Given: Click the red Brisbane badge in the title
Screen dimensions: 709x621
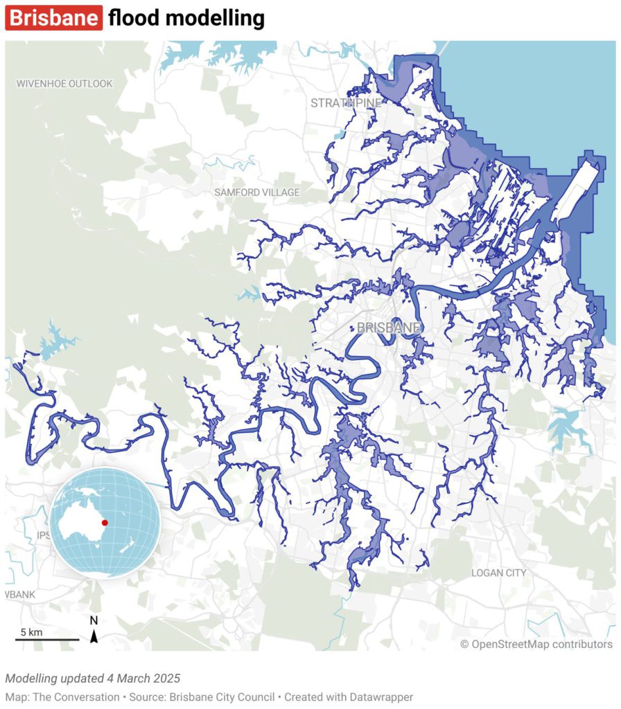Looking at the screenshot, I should point(54,18).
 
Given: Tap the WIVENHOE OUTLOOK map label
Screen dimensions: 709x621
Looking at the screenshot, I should point(64,84).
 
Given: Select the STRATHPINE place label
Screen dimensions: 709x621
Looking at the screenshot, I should point(346,103).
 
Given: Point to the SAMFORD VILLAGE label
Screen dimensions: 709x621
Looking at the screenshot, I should point(257,192).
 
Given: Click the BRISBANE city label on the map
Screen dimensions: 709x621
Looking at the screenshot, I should point(389,327).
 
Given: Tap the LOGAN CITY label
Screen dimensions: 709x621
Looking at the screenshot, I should point(498,573).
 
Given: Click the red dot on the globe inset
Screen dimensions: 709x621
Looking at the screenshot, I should point(105,523).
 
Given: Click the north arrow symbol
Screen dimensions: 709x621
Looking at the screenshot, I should point(94,635).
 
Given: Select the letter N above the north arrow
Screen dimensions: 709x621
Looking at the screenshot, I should point(94,620).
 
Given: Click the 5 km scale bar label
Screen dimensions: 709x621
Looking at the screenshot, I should point(31,632).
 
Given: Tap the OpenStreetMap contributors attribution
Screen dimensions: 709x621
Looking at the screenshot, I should point(541,645).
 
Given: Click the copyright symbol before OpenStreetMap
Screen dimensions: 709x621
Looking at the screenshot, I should point(464,645).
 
